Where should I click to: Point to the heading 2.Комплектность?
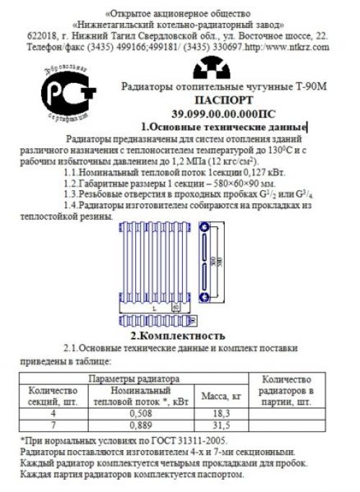(x=177, y=335)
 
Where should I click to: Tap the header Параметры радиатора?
(x=133, y=377)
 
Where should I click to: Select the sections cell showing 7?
(x=52, y=425)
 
